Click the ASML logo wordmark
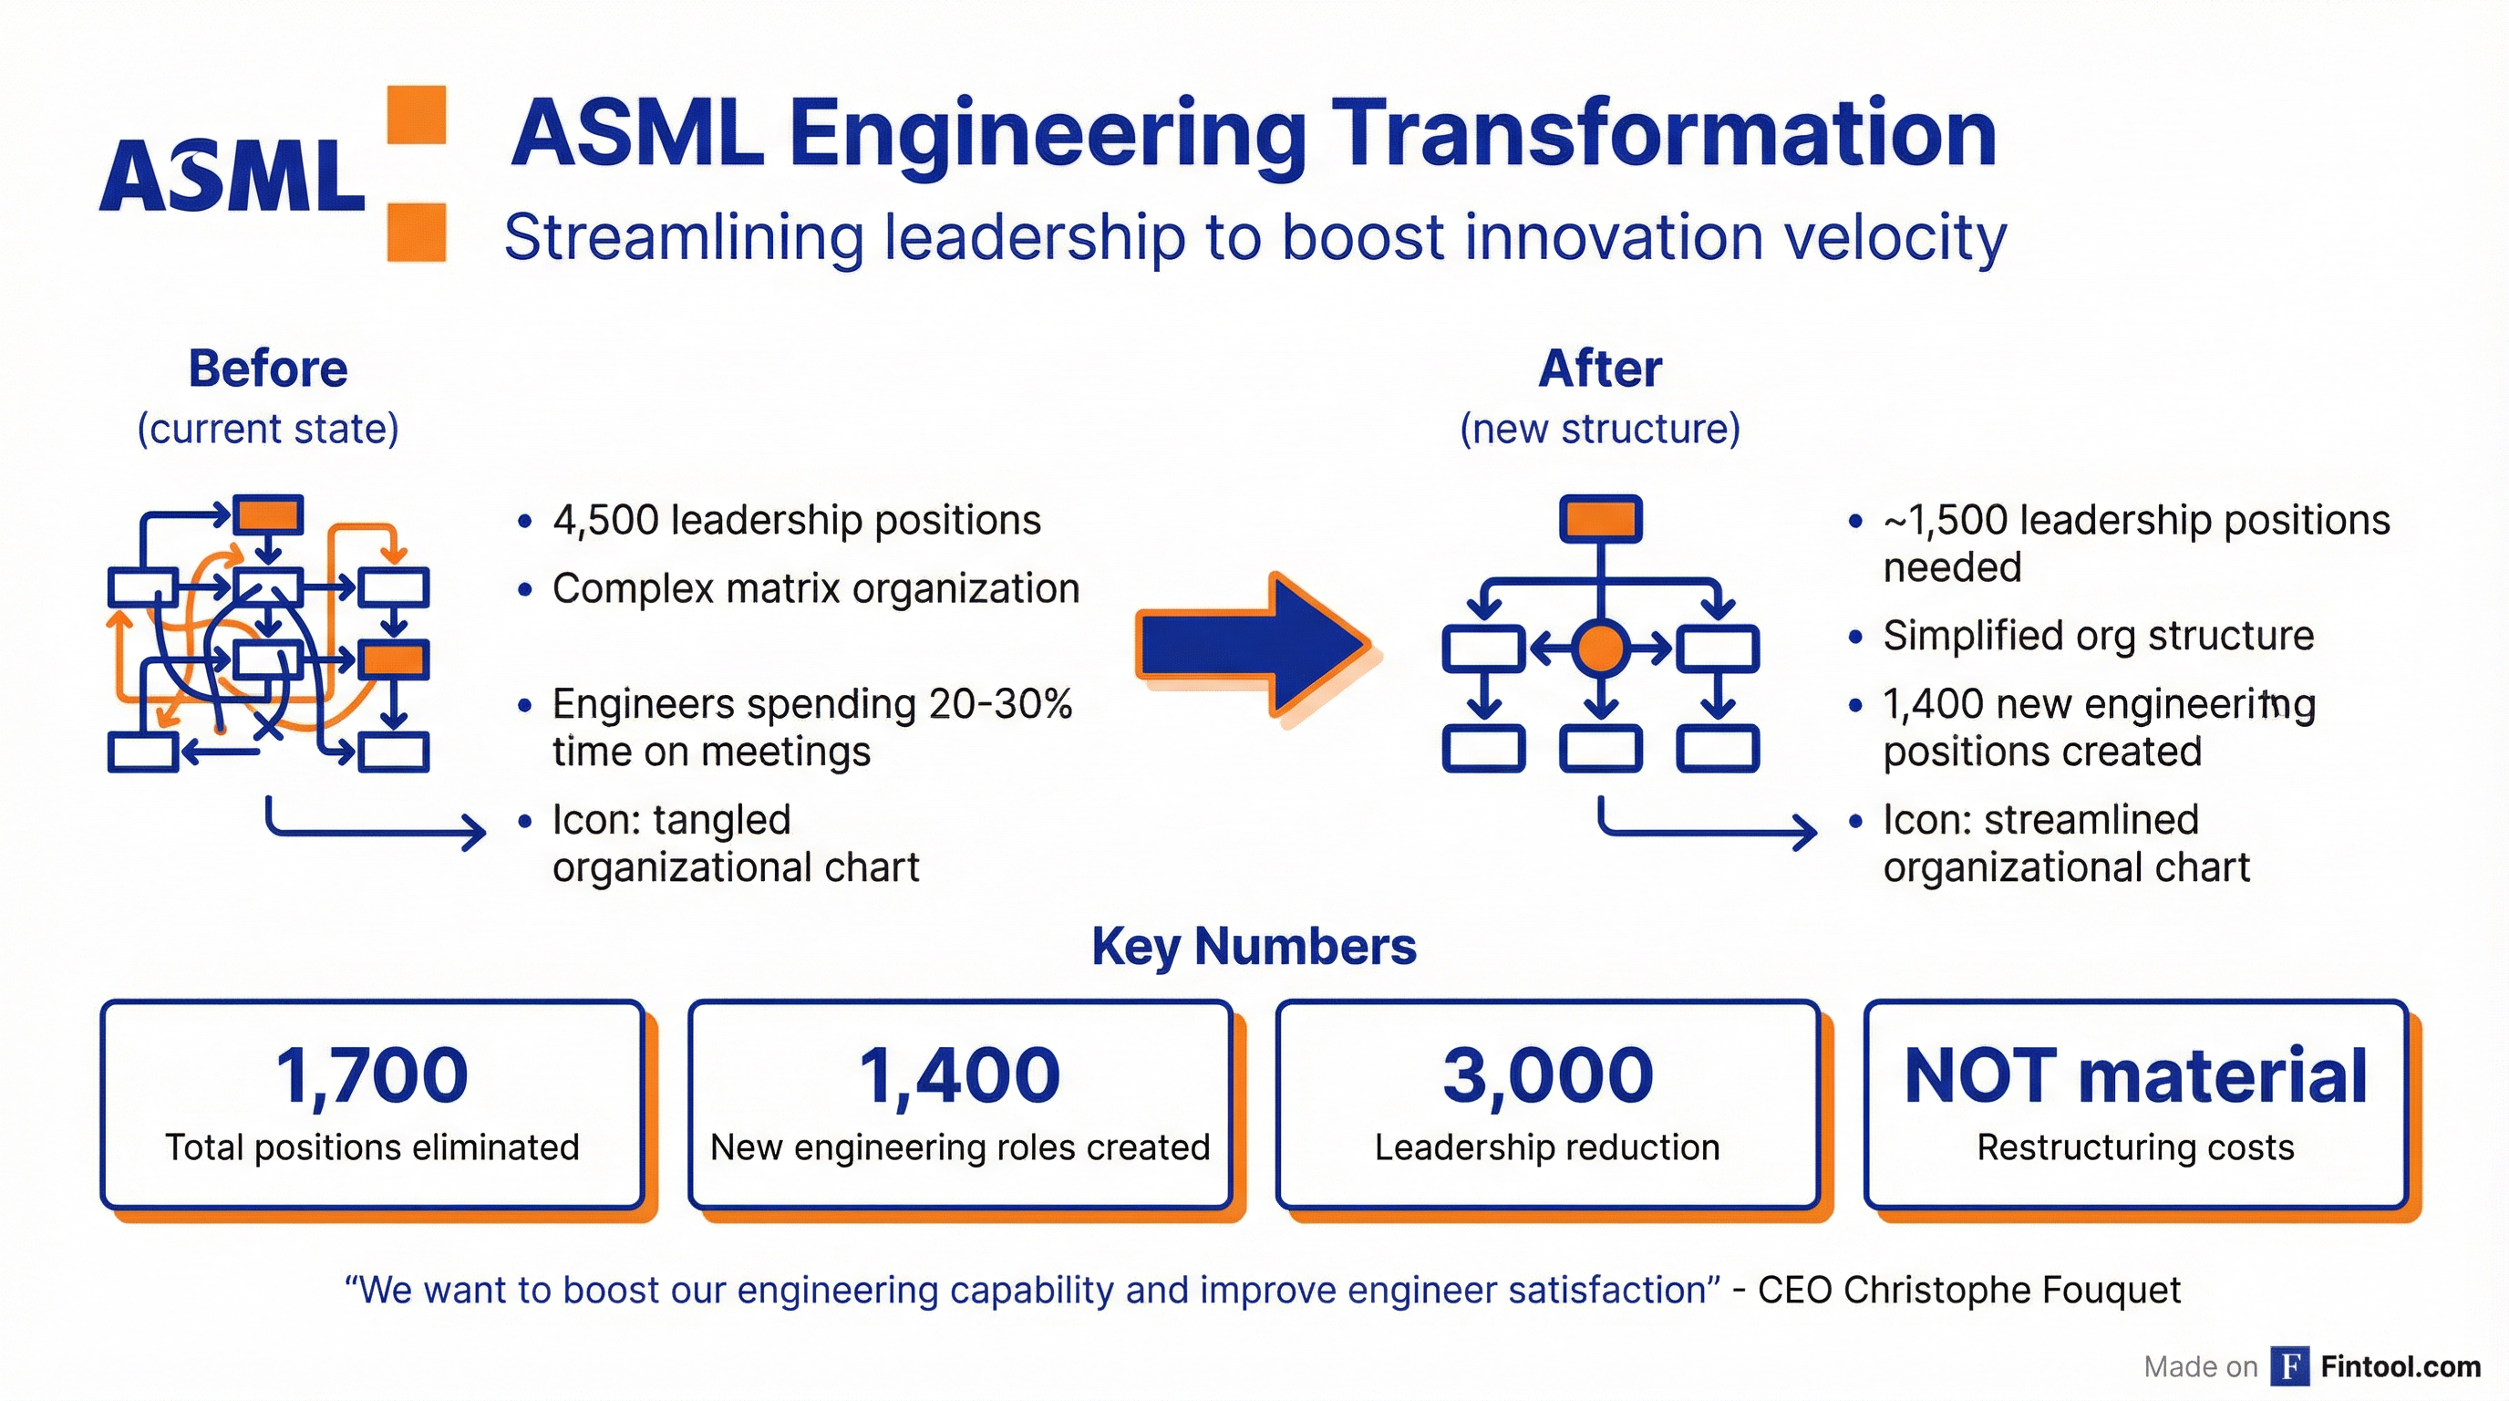tap(232, 175)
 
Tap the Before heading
tap(268, 369)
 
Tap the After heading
tap(1599, 369)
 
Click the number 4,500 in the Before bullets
tap(604, 520)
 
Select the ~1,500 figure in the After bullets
tap(1944, 520)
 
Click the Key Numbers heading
tap(1254, 946)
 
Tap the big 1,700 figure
tap(372, 1075)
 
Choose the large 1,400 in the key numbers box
tap(959, 1075)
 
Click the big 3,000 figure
tap(1548, 1075)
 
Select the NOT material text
tap(2135, 1075)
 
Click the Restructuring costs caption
tap(2135, 1147)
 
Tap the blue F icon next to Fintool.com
tap(2290, 1366)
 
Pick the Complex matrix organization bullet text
tap(815, 589)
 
